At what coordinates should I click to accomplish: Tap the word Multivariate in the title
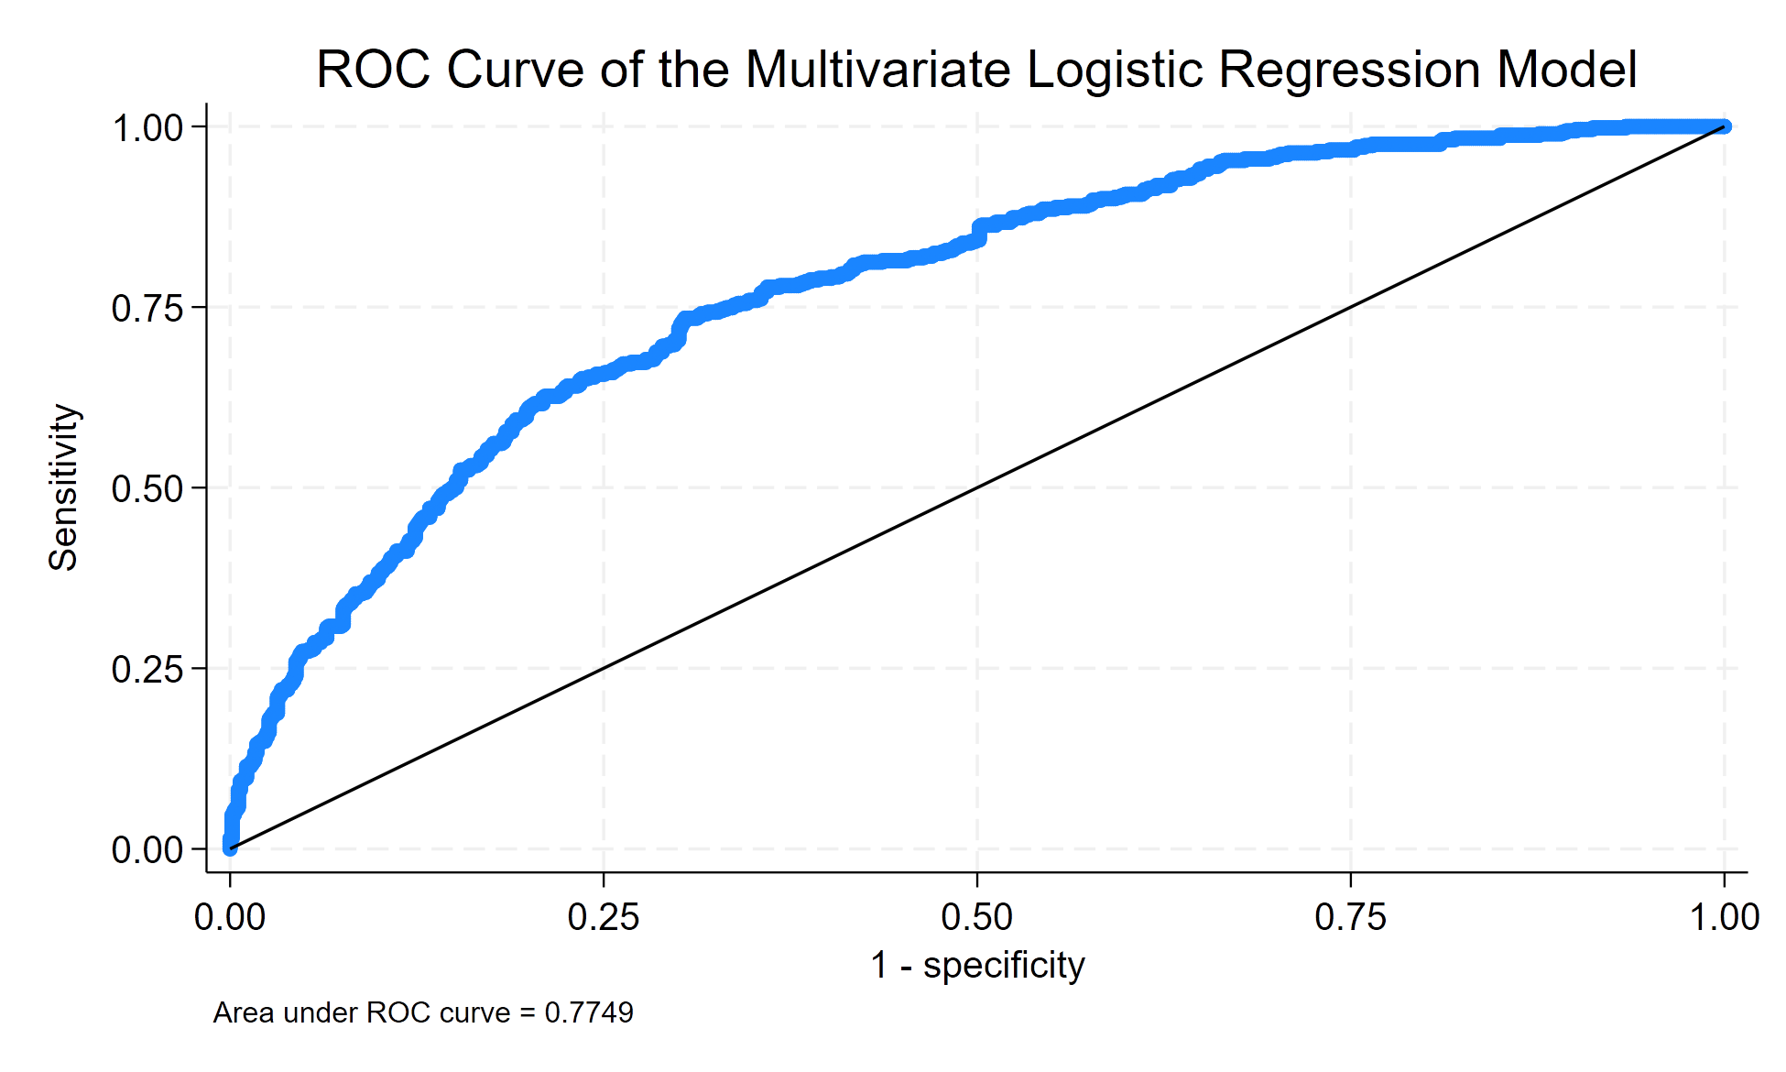point(877,70)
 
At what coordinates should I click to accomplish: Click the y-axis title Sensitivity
point(64,487)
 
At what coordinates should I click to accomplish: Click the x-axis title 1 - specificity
point(977,965)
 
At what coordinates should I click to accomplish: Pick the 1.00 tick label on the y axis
point(147,128)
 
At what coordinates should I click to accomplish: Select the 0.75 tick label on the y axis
point(147,309)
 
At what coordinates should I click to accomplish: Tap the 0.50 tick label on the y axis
point(147,489)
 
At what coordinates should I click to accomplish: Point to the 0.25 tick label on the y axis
point(147,670)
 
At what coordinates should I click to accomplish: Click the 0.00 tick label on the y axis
point(147,850)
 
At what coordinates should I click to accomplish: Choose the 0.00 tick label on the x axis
point(230,916)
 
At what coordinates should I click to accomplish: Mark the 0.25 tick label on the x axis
point(604,916)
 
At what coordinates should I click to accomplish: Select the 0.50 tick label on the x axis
point(977,916)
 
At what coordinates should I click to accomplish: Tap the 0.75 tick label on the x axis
point(1351,916)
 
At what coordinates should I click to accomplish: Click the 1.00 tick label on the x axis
point(1725,916)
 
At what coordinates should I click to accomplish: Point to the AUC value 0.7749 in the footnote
point(589,1012)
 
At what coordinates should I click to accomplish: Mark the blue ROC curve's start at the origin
point(230,848)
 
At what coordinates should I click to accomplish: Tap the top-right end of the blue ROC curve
point(1724,126)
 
